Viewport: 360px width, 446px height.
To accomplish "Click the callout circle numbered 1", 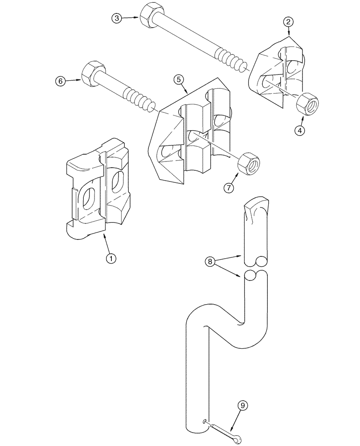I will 111,258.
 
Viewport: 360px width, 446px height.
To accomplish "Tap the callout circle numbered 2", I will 289,21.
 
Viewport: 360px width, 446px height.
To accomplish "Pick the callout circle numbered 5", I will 178,80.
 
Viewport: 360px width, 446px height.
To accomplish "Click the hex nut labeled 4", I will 307,103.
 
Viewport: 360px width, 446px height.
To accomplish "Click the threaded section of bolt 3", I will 230,58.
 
